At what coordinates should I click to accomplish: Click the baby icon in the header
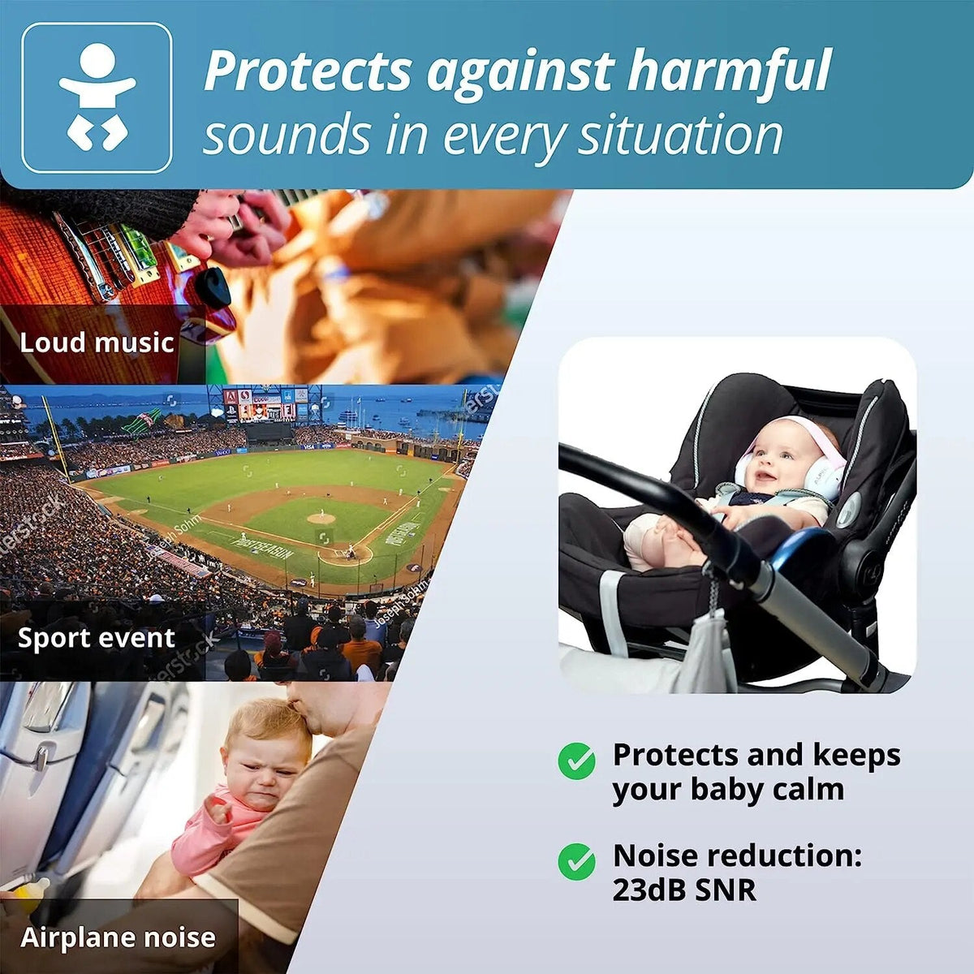(x=97, y=97)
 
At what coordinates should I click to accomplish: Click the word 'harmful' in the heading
(x=729, y=71)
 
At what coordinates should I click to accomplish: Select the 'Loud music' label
(x=97, y=342)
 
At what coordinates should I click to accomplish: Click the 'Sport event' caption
(x=97, y=638)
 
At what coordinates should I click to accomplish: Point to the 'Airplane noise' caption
(x=119, y=937)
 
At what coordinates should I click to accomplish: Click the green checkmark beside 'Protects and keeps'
(x=576, y=761)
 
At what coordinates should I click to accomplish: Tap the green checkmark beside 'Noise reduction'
(x=576, y=861)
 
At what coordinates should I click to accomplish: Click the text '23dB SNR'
(x=683, y=890)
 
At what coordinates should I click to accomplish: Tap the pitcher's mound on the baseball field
(x=321, y=518)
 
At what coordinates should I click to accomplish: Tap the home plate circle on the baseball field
(x=347, y=555)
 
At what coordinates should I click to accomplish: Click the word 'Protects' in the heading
(x=308, y=71)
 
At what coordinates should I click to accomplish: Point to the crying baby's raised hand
(x=216, y=808)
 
